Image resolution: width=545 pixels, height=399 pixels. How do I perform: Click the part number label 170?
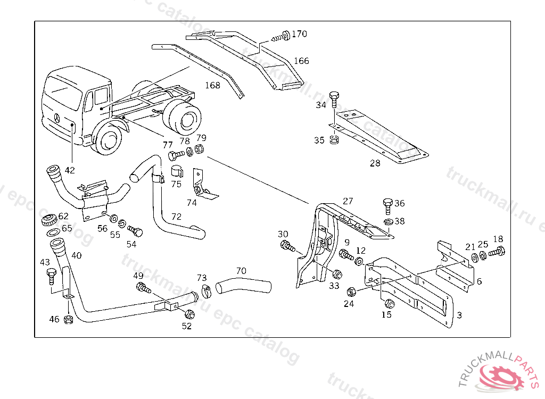299,34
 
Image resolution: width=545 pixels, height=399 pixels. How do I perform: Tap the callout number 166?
301,61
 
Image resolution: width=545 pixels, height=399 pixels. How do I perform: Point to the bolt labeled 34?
334,98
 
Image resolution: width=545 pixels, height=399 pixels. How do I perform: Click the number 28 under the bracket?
375,163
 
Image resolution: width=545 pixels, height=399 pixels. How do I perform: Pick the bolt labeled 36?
387,204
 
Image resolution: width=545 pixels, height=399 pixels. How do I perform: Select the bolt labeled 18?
497,252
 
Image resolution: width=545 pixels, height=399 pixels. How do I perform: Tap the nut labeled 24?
351,292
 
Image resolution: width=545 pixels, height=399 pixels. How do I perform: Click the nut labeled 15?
388,304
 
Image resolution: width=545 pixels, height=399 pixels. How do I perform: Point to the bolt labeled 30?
286,246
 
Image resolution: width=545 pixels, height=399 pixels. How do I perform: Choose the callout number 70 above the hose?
241,271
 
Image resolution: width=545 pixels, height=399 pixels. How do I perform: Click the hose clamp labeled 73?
206,292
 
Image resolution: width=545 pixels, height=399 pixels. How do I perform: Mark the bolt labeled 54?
136,231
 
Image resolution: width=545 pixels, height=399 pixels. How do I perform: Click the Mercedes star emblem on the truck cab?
57,118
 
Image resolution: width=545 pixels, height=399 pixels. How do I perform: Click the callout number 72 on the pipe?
176,217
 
